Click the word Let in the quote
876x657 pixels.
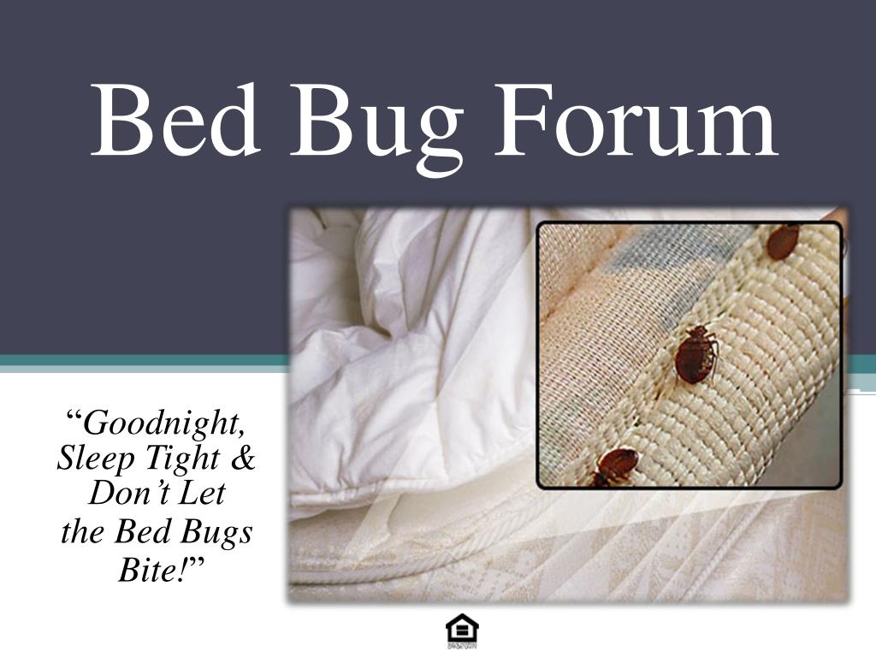coord(202,494)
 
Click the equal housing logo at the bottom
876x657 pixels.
coord(462,632)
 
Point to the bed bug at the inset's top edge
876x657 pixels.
coord(782,241)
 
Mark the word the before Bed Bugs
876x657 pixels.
coord(82,532)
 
